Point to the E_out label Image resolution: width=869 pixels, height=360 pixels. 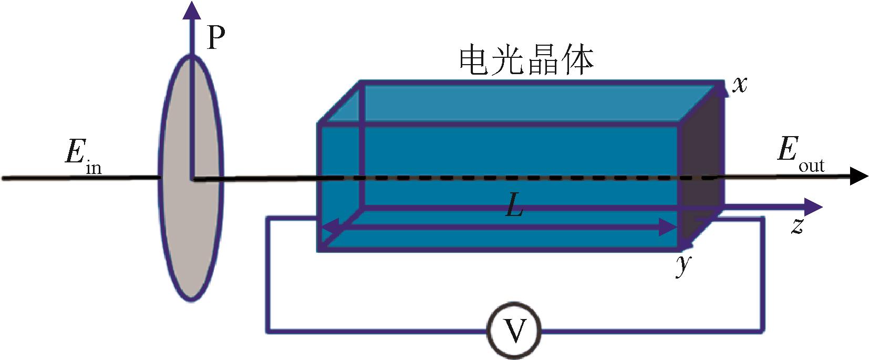[x=799, y=154]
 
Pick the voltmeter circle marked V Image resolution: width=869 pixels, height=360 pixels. [x=515, y=331]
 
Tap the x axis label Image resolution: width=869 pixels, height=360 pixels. [x=740, y=85]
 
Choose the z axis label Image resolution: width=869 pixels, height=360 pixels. [x=798, y=226]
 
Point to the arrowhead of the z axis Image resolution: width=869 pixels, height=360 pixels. [x=813, y=207]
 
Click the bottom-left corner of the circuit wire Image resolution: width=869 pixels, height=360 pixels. [x=267, y=332]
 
